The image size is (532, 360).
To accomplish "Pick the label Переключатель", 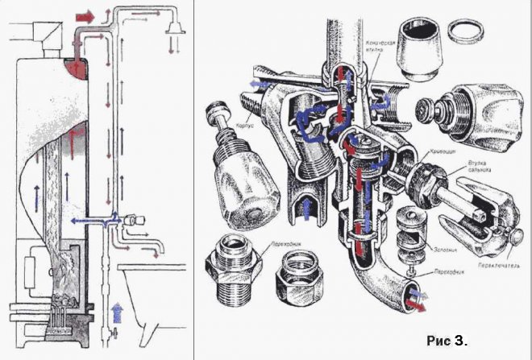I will point(493,263).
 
